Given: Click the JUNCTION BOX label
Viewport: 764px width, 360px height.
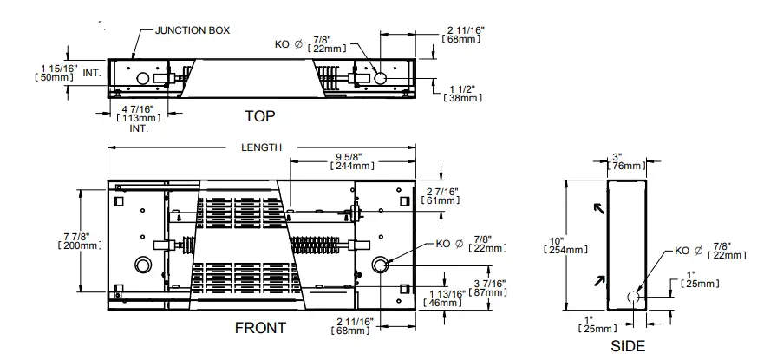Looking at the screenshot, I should [x=192, y=30].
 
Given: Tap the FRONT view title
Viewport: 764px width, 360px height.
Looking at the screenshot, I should [x=260, y=329].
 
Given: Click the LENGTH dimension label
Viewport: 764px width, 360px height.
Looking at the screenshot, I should [x=261, y=147].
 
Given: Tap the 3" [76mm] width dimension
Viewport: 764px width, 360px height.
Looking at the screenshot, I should [x=628, y=160].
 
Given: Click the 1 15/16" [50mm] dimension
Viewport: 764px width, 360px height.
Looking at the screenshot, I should [x=58, y=72].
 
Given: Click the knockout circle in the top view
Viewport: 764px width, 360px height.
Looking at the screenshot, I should [x=381, y=79].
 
